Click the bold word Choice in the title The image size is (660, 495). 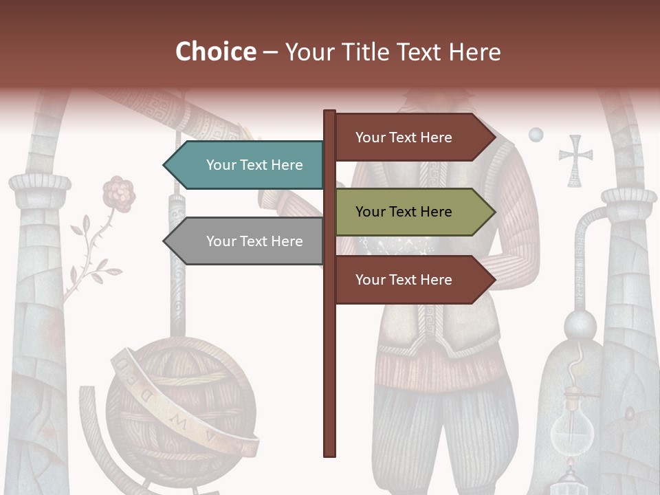[215, 52]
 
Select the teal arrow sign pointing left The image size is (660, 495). [244, 165]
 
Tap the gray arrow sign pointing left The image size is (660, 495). [244, 241]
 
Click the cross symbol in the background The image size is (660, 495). [575, 160]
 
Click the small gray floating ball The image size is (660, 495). [536, 134]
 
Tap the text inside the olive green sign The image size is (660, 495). [404, 212]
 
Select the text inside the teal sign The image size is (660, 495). [254, 165]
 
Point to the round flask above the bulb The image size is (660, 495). [580, 326]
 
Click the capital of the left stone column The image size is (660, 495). [40, 183]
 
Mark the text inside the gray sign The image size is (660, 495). [254, 241]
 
